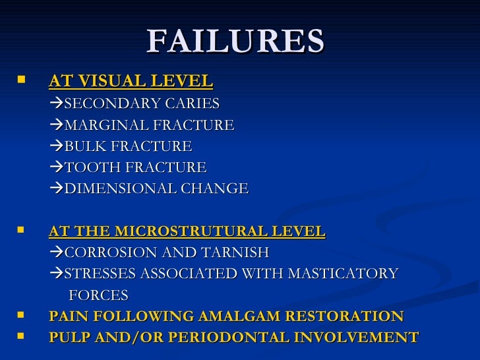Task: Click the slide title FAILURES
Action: [235, 41]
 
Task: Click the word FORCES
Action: [98, 295]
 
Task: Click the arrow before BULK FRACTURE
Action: [57, 146]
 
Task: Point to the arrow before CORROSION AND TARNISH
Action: [57, 253]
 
